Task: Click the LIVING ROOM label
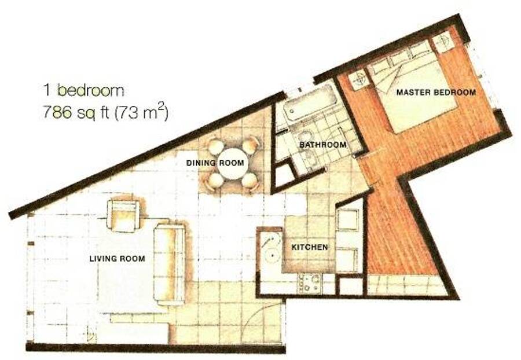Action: tap(117, 258)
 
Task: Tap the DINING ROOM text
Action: tap(215, 163)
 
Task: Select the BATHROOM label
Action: tap(322, 145)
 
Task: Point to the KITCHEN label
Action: tap(309, 247)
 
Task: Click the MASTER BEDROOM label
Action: tap(436, 92)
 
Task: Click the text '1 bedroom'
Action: tap(84, 90)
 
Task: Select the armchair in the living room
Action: tap(123, 216)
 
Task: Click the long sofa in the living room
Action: tap(169, 265)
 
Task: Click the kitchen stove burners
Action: tap(310, 283)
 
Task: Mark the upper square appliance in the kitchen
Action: tap(348, 219)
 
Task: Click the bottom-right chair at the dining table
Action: tap(250, 181)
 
